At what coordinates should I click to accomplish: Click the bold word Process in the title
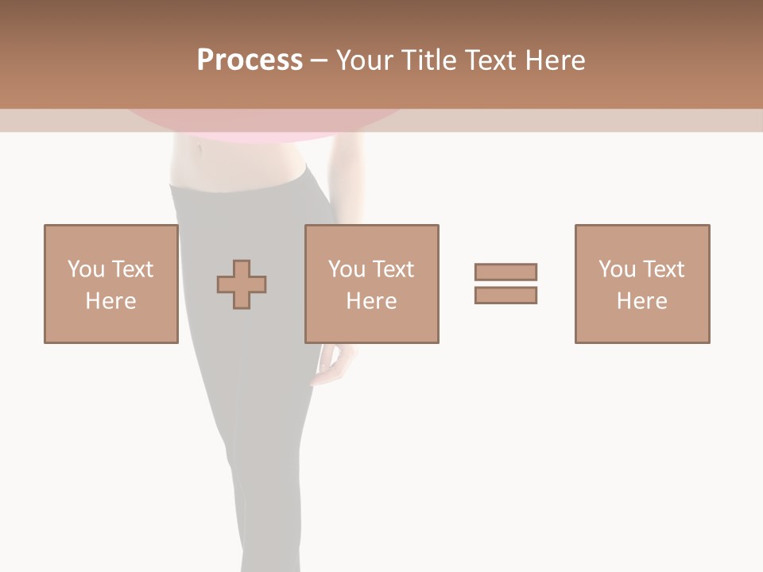click(250, 60)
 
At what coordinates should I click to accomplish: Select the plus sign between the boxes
click(242, 284)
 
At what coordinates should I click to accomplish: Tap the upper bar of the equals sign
click(505, 272)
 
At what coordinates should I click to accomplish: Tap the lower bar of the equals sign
click(505, 295)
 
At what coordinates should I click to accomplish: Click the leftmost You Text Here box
click(110, 284)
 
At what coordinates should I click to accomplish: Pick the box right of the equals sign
click(642, 284)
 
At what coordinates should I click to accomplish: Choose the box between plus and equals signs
click(371, 284)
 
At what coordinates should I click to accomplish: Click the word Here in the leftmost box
click(110, 301)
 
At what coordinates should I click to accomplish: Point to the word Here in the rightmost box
click(642, 301)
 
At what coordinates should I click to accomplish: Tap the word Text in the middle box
click(393, 269)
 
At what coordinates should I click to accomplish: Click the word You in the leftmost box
click(86, 269)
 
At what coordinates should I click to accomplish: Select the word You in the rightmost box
click(618, 269)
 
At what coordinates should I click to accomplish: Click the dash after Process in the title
click(320, 60)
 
